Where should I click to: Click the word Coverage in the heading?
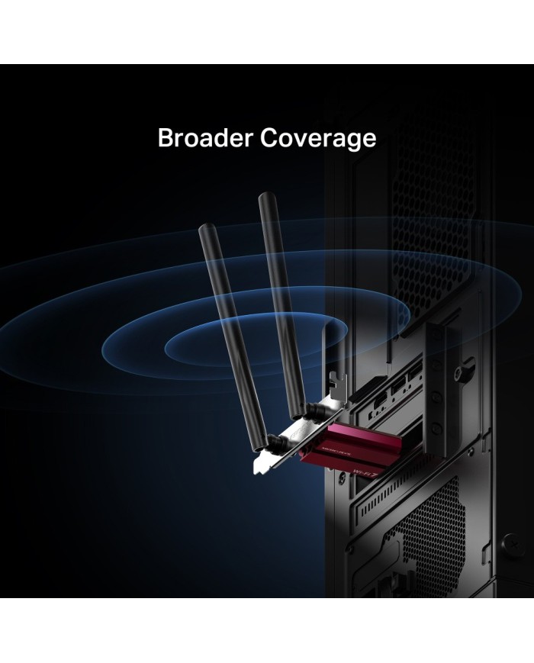point(317,138)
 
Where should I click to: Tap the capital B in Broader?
point(165,138)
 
